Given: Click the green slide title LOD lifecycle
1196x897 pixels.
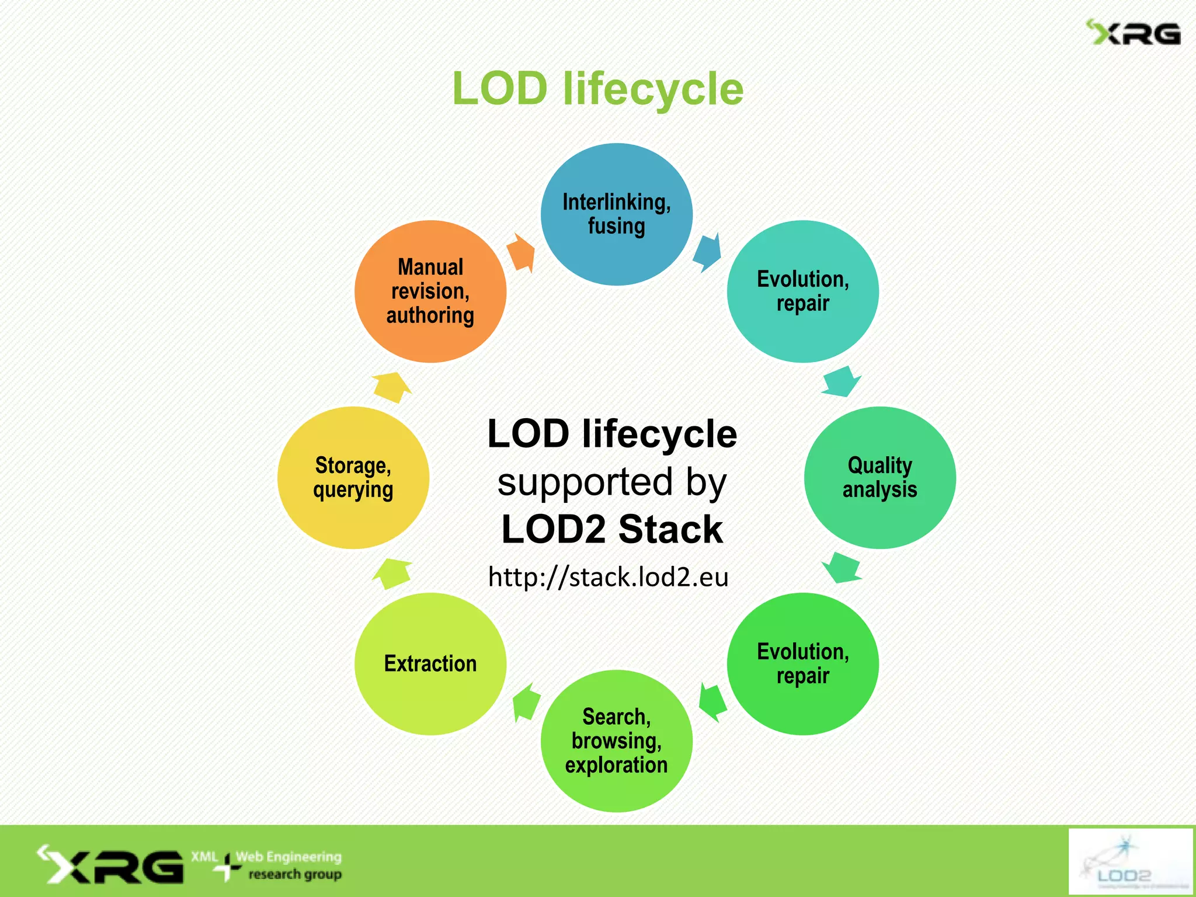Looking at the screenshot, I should [597, 89].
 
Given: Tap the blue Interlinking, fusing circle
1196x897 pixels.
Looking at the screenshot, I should [616, 214].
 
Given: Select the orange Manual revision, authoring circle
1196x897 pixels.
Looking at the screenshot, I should [430, 291].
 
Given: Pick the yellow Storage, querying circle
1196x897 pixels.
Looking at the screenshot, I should [353, 477].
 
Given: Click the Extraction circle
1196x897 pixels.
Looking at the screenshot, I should [430, 664].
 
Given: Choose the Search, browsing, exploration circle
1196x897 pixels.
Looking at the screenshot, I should [616, 740].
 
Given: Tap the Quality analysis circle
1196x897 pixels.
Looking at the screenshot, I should [879, 477].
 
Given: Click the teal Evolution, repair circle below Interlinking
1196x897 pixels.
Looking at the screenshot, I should [802, 291].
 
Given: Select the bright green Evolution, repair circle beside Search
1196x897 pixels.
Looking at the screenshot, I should [802, 664].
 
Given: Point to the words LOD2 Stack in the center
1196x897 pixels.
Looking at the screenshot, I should [612, 529].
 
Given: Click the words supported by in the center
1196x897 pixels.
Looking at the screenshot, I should [611, 482].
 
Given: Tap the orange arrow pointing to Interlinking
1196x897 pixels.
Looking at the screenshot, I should [521, 253].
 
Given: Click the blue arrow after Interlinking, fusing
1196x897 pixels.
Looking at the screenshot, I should [707, 252].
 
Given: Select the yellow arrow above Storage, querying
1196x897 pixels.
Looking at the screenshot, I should [392, 387].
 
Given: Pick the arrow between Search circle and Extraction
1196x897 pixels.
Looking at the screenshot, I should [526, 702].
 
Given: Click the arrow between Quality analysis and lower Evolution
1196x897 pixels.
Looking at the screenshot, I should [842, 567].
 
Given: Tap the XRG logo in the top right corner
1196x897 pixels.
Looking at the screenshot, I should [1133, 33].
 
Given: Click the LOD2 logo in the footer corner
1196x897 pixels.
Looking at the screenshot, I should [1129, 861].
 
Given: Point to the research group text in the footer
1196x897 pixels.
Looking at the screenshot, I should [295, 874].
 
